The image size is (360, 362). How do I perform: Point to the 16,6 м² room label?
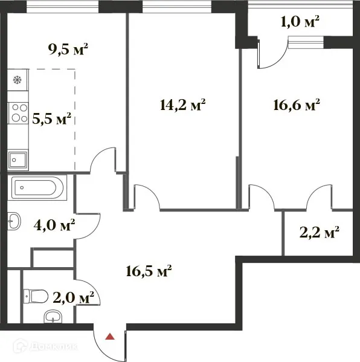coord(295,105)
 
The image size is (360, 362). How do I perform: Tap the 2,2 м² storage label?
coord(319,231)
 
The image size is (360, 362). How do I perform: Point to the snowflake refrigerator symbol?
coord(17,80)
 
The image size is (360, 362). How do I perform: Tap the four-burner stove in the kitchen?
coord(18,112)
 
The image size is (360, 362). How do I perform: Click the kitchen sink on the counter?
coord(17,160)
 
